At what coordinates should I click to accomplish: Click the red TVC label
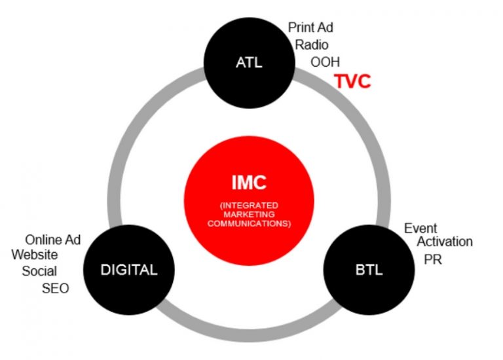coord(353,81)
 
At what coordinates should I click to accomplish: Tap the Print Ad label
coord(310,27)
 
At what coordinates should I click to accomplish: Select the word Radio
coord(312,45)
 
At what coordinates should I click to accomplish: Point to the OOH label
coord(325,62)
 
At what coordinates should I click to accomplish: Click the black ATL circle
coord(250,63)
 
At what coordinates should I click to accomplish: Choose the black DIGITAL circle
coord(129,270)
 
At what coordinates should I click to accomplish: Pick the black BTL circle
coord(369,270)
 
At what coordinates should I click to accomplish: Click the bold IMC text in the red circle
coord(249,183)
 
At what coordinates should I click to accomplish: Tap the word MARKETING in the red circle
coord(249,214)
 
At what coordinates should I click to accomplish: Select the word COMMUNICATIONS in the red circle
coord(249,223)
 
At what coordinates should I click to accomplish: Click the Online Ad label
coord(53,240)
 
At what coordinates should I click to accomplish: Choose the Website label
coord(35,255)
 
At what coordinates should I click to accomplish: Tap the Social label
coord(39,271)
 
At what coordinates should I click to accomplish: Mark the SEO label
coord(55,289)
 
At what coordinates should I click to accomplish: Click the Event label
coord(420,228)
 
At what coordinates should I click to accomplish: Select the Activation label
coord(445,242)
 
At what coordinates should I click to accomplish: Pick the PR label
coord(433,259)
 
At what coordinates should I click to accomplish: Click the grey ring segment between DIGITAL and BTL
coord(249,335)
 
